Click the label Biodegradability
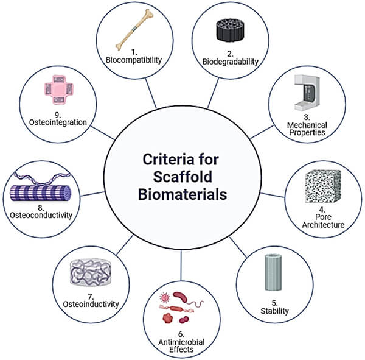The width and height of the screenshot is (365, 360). point(229,61)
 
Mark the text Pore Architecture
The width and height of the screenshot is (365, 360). point(323,221)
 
